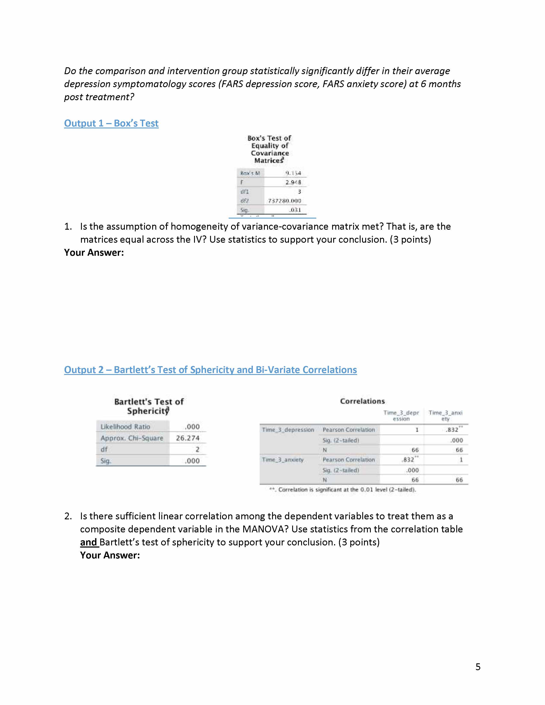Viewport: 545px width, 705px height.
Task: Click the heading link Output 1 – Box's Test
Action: click(111, 123)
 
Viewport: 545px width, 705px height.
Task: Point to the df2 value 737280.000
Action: click(284, 201)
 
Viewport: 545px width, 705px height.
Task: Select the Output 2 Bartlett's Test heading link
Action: click(210, 370)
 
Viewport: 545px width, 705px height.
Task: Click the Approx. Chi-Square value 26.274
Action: click(188, 438)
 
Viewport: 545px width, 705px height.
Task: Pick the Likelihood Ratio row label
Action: click(125, 427)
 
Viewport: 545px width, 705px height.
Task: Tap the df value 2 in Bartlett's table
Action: click(197, 449)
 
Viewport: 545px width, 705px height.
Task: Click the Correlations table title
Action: click(362, 401)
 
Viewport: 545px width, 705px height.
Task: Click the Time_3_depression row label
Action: click(288, 430)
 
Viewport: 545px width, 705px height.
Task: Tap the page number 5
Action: click(478, 667)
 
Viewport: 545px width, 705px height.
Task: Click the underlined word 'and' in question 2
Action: click(88, 542)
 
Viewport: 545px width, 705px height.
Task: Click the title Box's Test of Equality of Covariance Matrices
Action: click(270, 149)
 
